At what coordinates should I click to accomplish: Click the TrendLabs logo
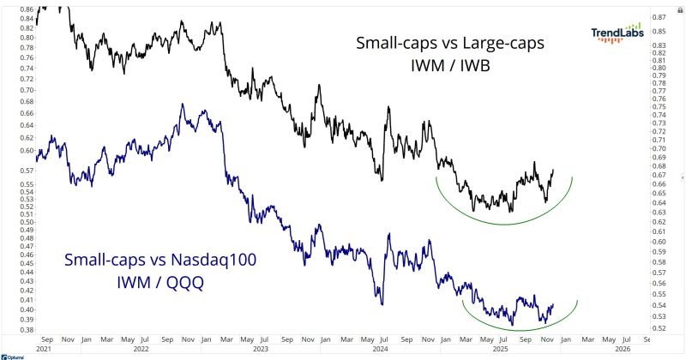pos(616,32)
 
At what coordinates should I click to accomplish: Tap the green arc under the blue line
pos(514,327)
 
